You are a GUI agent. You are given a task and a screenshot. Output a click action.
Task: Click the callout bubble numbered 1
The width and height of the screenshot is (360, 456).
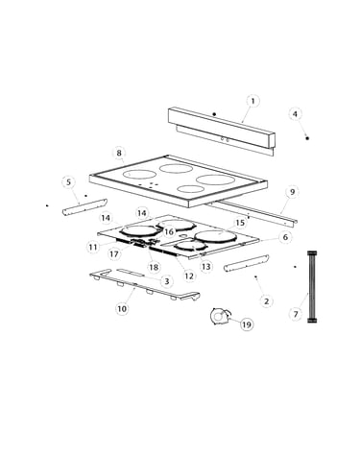click(252, 101)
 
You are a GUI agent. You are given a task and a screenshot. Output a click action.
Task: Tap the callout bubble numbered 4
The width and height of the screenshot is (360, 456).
click(295, 114)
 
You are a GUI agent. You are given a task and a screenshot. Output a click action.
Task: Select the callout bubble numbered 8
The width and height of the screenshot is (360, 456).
click(119, 153)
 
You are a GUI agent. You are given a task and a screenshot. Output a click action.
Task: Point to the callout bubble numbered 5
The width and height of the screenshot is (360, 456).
click(68, 182)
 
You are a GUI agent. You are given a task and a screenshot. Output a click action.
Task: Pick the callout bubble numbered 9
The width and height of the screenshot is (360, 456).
click(292, 192)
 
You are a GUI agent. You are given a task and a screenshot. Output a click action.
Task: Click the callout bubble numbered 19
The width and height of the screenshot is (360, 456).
click(247, 324)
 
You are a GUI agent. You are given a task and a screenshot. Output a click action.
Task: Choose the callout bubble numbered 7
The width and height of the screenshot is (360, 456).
click(296, 314)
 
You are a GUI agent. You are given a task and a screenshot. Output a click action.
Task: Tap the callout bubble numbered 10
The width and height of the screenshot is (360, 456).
click(122, 308)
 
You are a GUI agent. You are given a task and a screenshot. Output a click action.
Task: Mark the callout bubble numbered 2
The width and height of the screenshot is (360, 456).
click(266, 301)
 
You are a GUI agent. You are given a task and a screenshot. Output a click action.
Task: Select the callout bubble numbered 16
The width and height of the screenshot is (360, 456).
click(169, 231)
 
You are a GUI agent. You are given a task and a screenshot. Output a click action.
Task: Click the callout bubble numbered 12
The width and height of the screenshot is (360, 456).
click(189, 276)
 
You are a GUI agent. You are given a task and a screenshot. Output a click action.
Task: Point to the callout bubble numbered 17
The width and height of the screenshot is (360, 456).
click(114, 254)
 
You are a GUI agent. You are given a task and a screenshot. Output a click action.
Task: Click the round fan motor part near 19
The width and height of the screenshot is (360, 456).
click(220, 317)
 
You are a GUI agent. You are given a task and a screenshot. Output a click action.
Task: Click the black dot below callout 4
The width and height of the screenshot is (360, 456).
click(307, 138)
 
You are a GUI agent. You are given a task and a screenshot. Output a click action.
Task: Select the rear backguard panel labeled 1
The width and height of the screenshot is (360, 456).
click(221, 131)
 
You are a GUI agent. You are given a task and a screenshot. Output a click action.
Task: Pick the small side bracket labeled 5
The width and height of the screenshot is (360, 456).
click(84, 207)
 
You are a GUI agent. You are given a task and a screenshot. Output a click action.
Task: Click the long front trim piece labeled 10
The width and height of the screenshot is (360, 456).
click(145, 287)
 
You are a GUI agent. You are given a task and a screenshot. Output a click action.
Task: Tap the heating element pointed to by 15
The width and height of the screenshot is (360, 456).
click(215, 237)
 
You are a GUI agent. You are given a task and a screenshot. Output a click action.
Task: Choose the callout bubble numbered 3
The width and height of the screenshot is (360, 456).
click(166, 281)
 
